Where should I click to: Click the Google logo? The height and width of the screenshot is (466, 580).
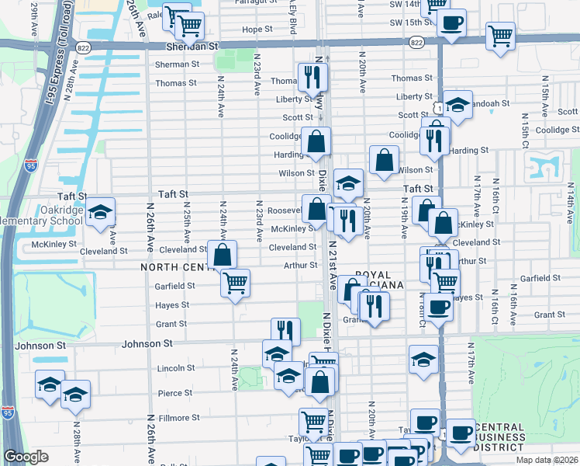pyautogui.click(x=26, y=457)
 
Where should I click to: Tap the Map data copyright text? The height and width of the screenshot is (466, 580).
pyautogui.click(x=547, y=460)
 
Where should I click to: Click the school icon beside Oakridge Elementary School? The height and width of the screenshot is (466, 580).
pyautogui.click(x=100, y=212)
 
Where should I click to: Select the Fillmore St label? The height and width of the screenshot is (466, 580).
pyautogui.click(x=179, y=418)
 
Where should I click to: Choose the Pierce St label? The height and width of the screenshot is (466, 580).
pyautogui.click(x=174, y=394)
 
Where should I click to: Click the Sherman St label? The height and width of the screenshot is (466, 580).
pyautogui.click(x=178, y=64)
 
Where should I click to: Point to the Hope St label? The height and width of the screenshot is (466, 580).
pyautogui.click(x=257, y=30)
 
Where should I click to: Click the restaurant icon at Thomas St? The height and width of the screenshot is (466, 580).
pyautogui.click(x=312, y=77)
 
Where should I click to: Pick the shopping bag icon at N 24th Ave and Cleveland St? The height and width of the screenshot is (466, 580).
pyautogui.click(x=223, y=255)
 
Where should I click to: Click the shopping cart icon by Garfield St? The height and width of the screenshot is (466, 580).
pyautogui.click(x=235, y=283)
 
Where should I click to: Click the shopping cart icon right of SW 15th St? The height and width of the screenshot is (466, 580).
pyautogui.click(x=501, y=36)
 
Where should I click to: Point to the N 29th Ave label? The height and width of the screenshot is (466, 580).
pyautogui.click(x=35, y=19)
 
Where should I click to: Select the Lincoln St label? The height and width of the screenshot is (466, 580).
pyautogui.click(x=175, y=368)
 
